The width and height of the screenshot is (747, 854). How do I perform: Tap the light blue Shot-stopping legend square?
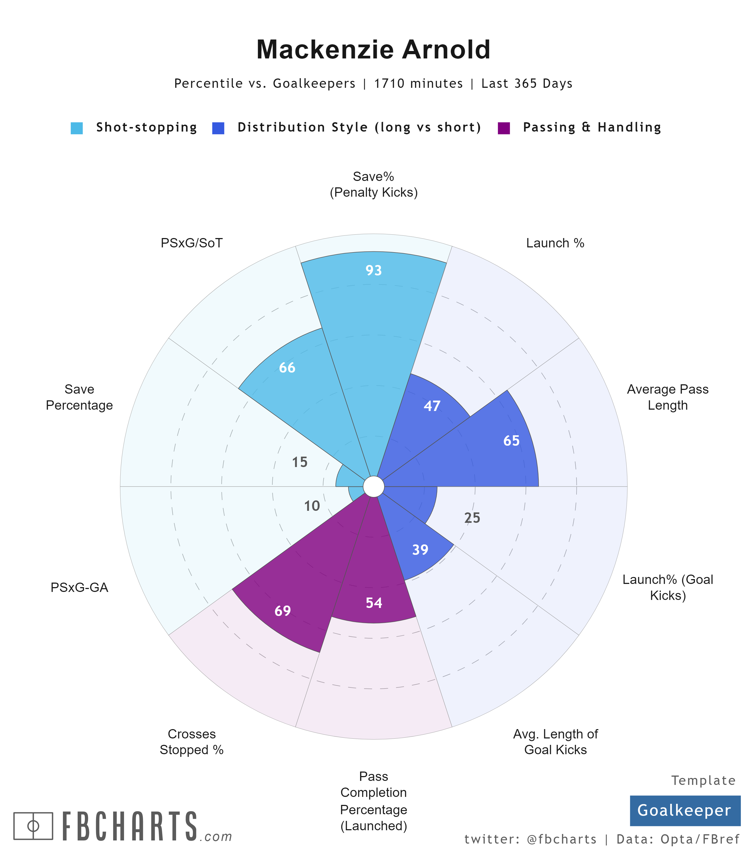point(77,128)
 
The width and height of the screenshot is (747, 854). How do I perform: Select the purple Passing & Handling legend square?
point(504,128)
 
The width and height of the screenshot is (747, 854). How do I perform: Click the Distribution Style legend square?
point(218,128)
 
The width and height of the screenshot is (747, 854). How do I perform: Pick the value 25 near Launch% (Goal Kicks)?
point(472,518)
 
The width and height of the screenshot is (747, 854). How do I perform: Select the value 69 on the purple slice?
point(283,611)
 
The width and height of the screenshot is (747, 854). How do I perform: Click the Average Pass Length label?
point(667,397)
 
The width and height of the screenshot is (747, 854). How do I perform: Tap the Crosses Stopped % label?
point(192,742)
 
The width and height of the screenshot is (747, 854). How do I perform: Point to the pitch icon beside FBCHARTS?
point(33,826)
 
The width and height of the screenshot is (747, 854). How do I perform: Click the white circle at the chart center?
point(373,487)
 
